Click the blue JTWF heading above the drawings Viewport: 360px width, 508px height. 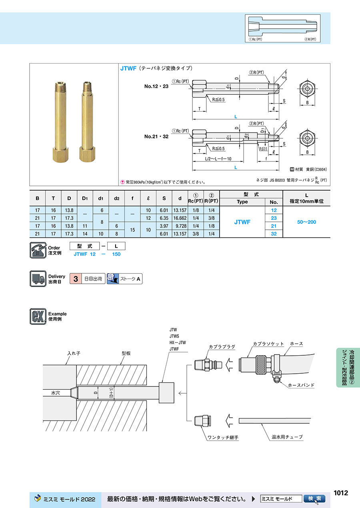(x=129, y=68)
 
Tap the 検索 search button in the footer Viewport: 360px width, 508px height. (x=314, y=498)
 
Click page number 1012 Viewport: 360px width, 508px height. (x=341, y=493)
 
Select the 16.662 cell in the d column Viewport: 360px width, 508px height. (x=180, y=218)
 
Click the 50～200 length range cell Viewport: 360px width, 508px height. (x=306, y=222)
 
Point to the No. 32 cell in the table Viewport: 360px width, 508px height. (x=274, y=233)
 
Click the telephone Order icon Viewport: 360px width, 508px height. (x=38, y=250)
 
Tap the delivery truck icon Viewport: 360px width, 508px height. (x=38, y=279)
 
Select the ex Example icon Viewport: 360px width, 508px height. (x=38, y=316)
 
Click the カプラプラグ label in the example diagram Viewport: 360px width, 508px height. (x=222, y=347)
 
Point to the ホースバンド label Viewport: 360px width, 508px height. (x=301, y=385)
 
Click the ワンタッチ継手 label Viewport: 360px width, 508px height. (x=223, y=438)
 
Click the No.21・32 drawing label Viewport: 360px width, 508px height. (x=157, y=136)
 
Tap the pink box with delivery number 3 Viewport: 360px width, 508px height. (x=75, y=279)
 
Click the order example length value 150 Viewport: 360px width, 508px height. (x=116, y=254)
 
